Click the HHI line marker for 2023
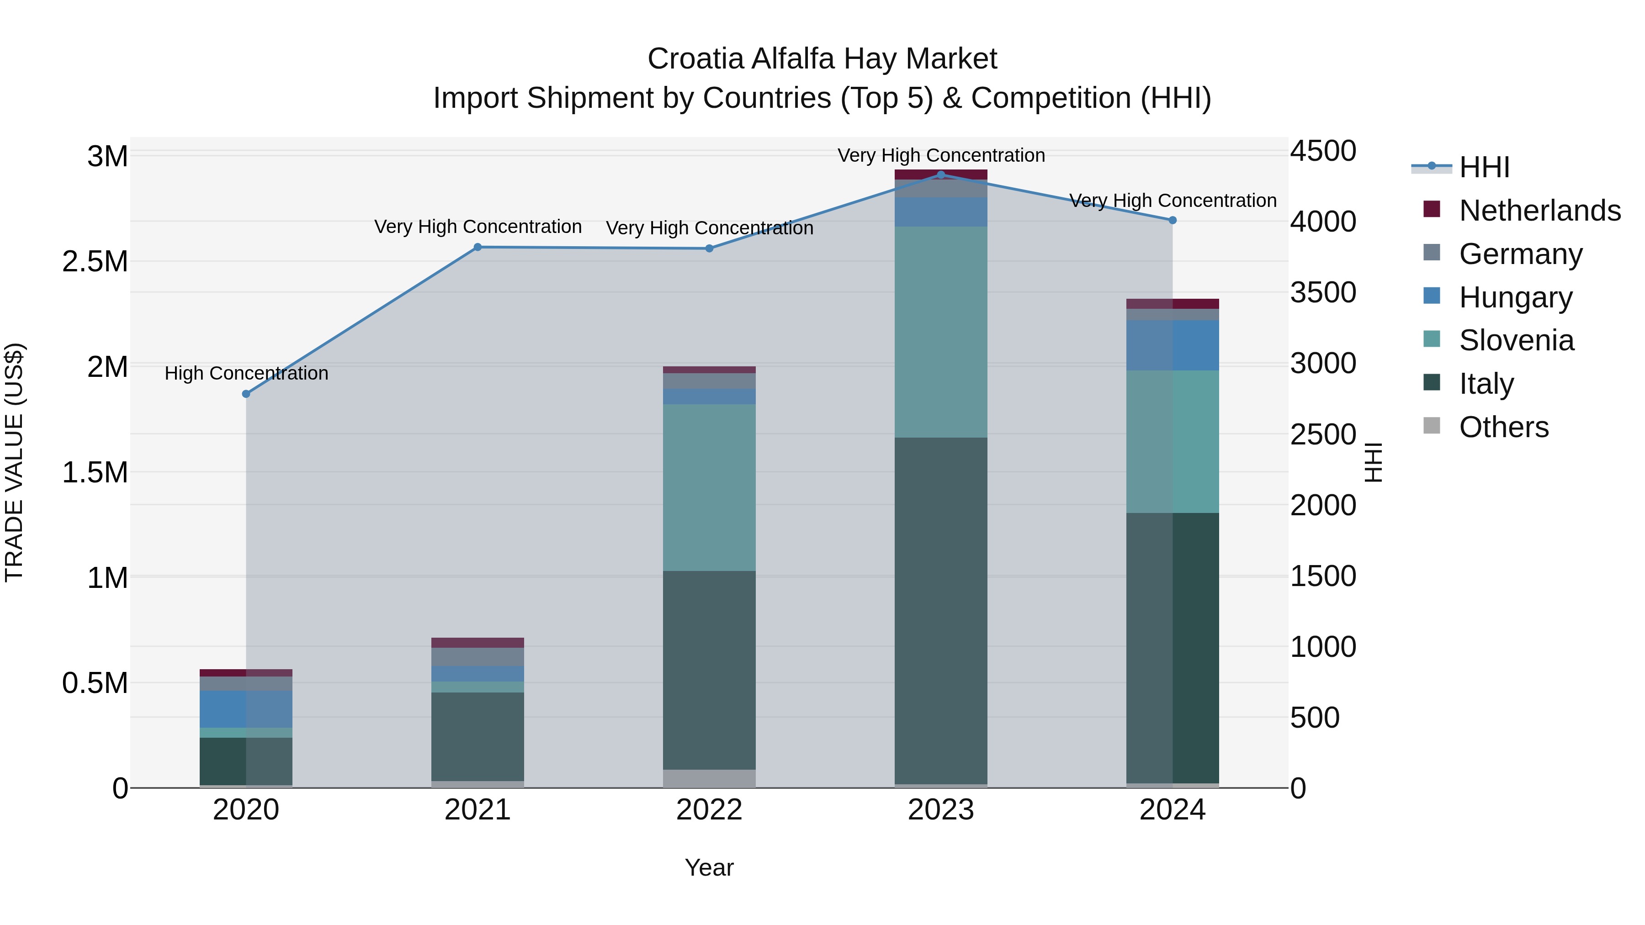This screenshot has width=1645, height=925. pyautogui.click(x=941, y=174)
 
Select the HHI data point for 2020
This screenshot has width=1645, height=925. pyautogui.click(x=246, y=394)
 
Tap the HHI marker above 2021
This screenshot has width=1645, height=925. pyautogui.click(x=478, y=247)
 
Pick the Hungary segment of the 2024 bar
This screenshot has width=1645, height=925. pyautogui.click(x=1173, y=345)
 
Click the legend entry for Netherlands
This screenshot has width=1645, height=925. pyautogui.click(x=1539, y=211)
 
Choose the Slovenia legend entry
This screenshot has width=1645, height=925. pyautogui.click(x=1516, y=340)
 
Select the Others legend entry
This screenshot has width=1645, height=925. pyautogui.click(x=1503, y=427)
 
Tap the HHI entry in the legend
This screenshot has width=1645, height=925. pyautogui.click(x=1484, y=167)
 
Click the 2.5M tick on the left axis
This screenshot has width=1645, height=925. pyautogui.click(x=95, y=262)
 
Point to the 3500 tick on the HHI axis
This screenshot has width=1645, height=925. pyautogui.click(x=1322, y=293)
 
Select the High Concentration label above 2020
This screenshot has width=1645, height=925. pyautogui.click(x=246, y=374)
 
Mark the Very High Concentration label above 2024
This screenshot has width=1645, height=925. pyautogui.click(x=1173, y=201)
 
